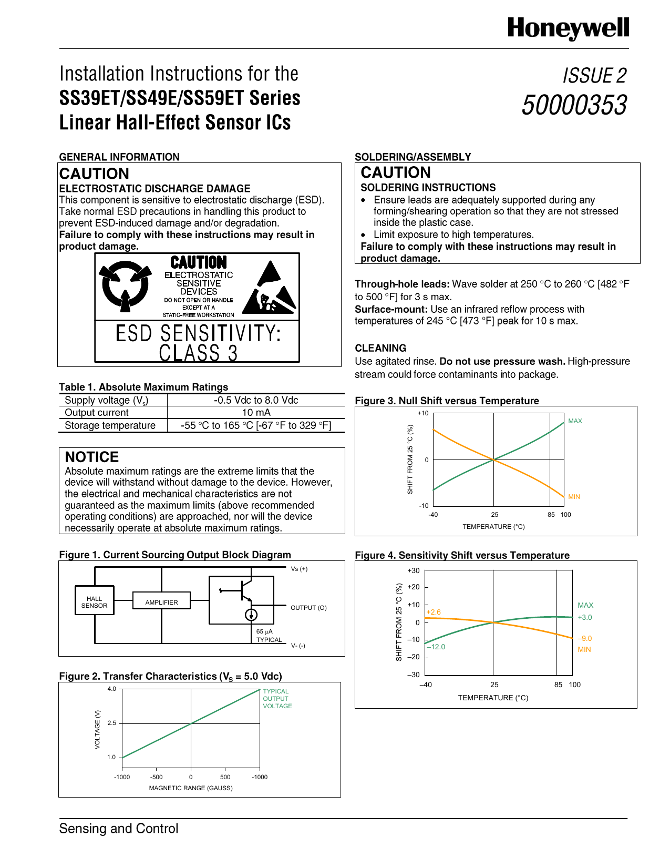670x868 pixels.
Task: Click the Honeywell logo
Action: pos(568,28)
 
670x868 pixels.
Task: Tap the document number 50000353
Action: pos(574,105)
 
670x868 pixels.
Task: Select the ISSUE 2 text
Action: pos(594,76)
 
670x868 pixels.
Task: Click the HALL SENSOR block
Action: pos(95,601)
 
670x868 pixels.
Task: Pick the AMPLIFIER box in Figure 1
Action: pos(161,602)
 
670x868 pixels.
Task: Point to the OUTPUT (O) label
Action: pos(308,608)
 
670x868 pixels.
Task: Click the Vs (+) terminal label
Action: pos(299,569)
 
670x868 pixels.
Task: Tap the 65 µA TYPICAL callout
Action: pos(269,636)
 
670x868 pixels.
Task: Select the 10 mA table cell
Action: pos(256,413)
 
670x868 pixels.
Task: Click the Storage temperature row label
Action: pos(110,425)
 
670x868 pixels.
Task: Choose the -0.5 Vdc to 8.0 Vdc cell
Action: pos(256,400)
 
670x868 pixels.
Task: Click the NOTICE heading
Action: pos(92,457)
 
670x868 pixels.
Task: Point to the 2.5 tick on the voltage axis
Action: pos(112,723)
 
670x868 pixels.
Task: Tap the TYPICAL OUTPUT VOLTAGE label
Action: pos(277,699)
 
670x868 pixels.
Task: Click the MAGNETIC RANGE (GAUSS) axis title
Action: pos(191,788)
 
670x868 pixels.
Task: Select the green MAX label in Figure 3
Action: pos(575,421)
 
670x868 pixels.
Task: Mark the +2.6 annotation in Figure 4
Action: pos(434,612)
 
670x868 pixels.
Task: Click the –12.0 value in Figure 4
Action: pos(436,647)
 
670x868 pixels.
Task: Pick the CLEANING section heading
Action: pos(380,348)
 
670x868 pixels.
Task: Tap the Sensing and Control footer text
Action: pos(119,829)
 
